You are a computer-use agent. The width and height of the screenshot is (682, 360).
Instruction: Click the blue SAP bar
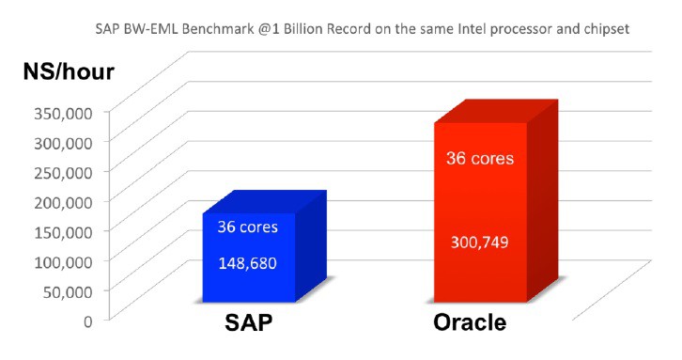pos(250,255)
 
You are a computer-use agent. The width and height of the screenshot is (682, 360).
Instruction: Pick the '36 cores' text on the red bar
pos(479,158)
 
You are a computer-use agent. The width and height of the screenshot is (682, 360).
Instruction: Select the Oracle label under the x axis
pos(472,324)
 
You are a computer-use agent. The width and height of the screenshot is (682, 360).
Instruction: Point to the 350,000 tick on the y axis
pos(63,113)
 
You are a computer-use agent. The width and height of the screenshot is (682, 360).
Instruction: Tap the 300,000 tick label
pos(63,142)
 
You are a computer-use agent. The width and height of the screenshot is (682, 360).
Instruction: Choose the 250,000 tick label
pos(63,172)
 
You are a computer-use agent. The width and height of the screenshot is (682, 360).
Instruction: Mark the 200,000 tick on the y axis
pos(63,201)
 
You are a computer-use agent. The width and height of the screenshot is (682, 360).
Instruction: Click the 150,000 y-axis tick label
pos(63,231)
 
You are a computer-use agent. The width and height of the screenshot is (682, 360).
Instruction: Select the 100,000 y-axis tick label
pos(63,260)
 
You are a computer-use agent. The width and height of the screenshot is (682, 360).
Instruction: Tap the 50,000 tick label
pos(67,290)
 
